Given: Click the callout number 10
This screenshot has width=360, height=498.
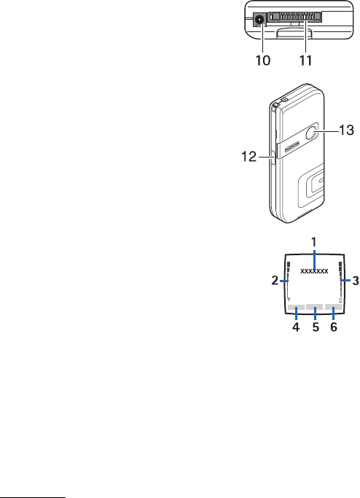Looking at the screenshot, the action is [x=263, y=60].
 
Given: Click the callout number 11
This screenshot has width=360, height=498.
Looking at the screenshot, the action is [x=306, y=60].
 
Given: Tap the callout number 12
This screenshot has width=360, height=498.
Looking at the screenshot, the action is [x=249, y=157].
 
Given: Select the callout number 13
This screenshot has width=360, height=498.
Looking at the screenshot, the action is [x=346, y=130].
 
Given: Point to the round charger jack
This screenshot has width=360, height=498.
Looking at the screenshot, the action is [x=259, y=20].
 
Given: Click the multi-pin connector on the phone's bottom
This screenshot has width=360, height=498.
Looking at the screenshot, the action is [x=294, y=17].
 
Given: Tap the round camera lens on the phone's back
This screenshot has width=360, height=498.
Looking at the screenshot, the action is [x=313, y=133].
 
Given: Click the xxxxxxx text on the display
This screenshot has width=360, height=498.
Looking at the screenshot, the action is [x=314, y=271].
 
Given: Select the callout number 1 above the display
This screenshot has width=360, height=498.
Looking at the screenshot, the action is [x=314, y=242].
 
